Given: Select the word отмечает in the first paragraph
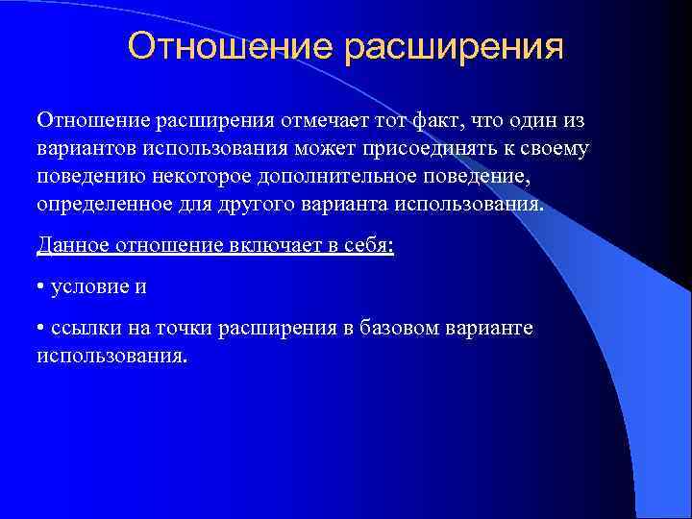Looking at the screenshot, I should [x=322, y=123].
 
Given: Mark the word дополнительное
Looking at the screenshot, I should [x=318, y=179].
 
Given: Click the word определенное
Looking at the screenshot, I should [x=98, y=207].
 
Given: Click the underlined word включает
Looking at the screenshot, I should [x=262, y=246].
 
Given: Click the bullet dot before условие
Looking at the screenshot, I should [x=41, y=287].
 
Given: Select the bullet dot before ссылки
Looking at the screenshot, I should [x=41, y=329].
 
